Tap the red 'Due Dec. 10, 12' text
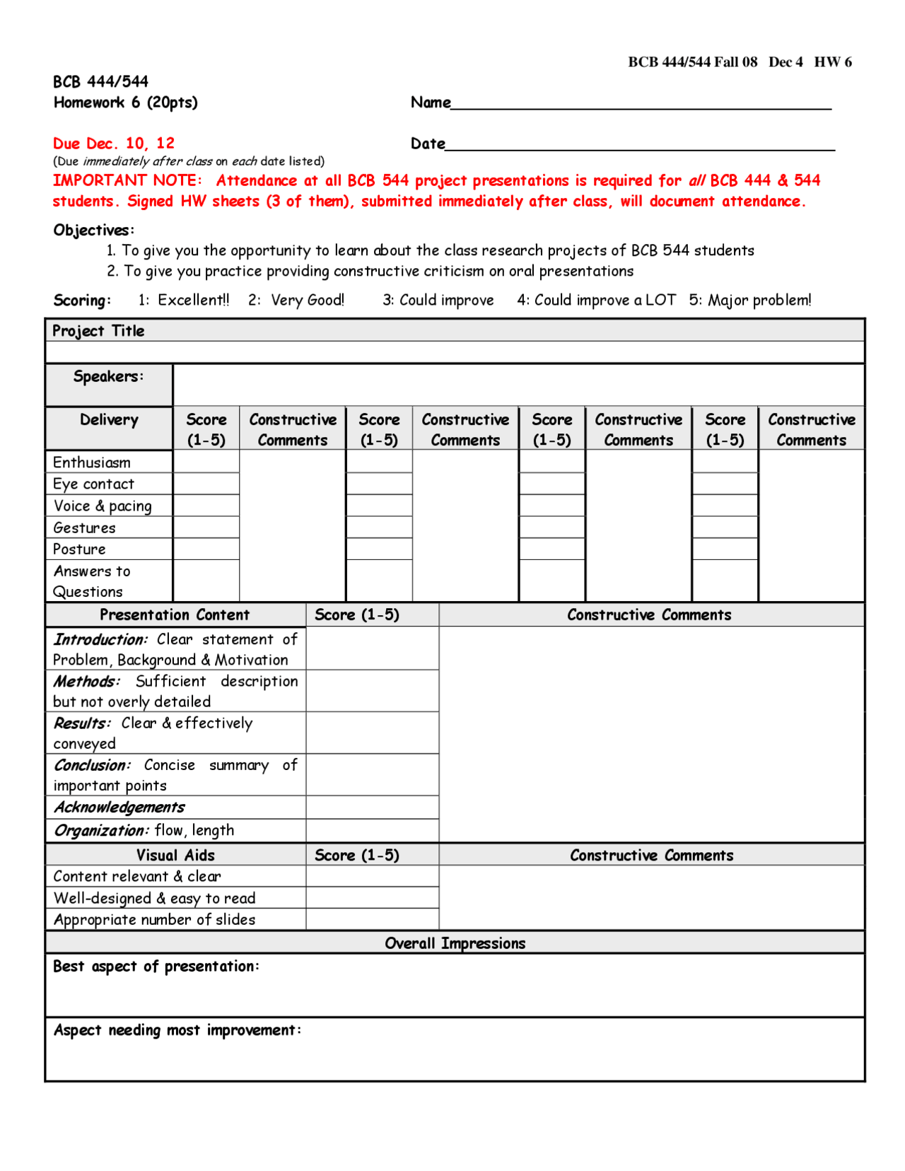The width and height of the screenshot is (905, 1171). point(114,144)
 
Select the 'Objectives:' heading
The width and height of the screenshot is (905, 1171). point(93,230)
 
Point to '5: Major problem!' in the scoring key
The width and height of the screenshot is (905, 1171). point(750,300)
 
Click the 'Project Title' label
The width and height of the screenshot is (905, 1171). point(98,331)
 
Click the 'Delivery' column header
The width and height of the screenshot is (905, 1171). point(109,420)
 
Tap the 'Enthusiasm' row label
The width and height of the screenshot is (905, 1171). point(92,462)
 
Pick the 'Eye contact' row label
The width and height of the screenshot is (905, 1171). point(93,484)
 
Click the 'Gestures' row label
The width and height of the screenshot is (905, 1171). point(84,528)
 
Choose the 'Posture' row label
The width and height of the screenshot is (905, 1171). point(79,549)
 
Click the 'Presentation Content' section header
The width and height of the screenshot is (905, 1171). point(175,615)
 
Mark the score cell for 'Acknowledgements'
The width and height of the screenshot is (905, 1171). point(372,808)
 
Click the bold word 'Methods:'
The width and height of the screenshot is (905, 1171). point(86,682)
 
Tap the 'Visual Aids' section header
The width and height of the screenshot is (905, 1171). point(175,856)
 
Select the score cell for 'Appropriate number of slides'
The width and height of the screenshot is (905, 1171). point(372,920)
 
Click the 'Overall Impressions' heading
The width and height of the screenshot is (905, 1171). point(455,943)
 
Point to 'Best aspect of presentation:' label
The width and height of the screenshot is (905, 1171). point(156,967)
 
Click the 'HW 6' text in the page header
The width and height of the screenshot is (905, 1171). point(833,62)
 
